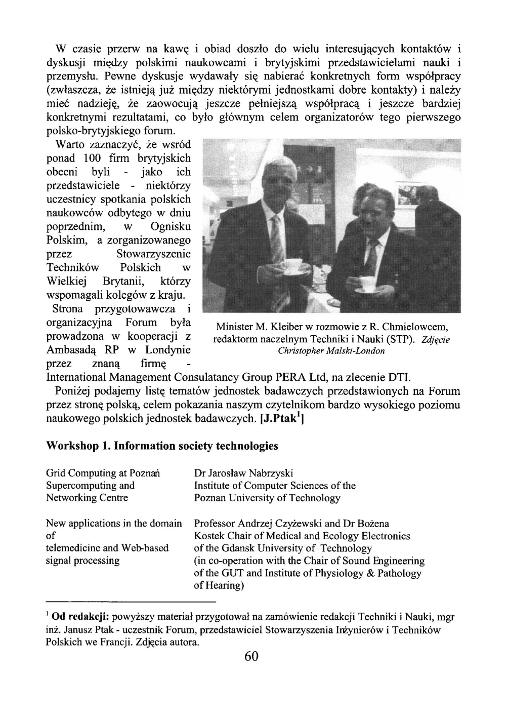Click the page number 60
point(251,656)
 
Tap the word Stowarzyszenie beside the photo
point(153,254)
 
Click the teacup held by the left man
point(291,265)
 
